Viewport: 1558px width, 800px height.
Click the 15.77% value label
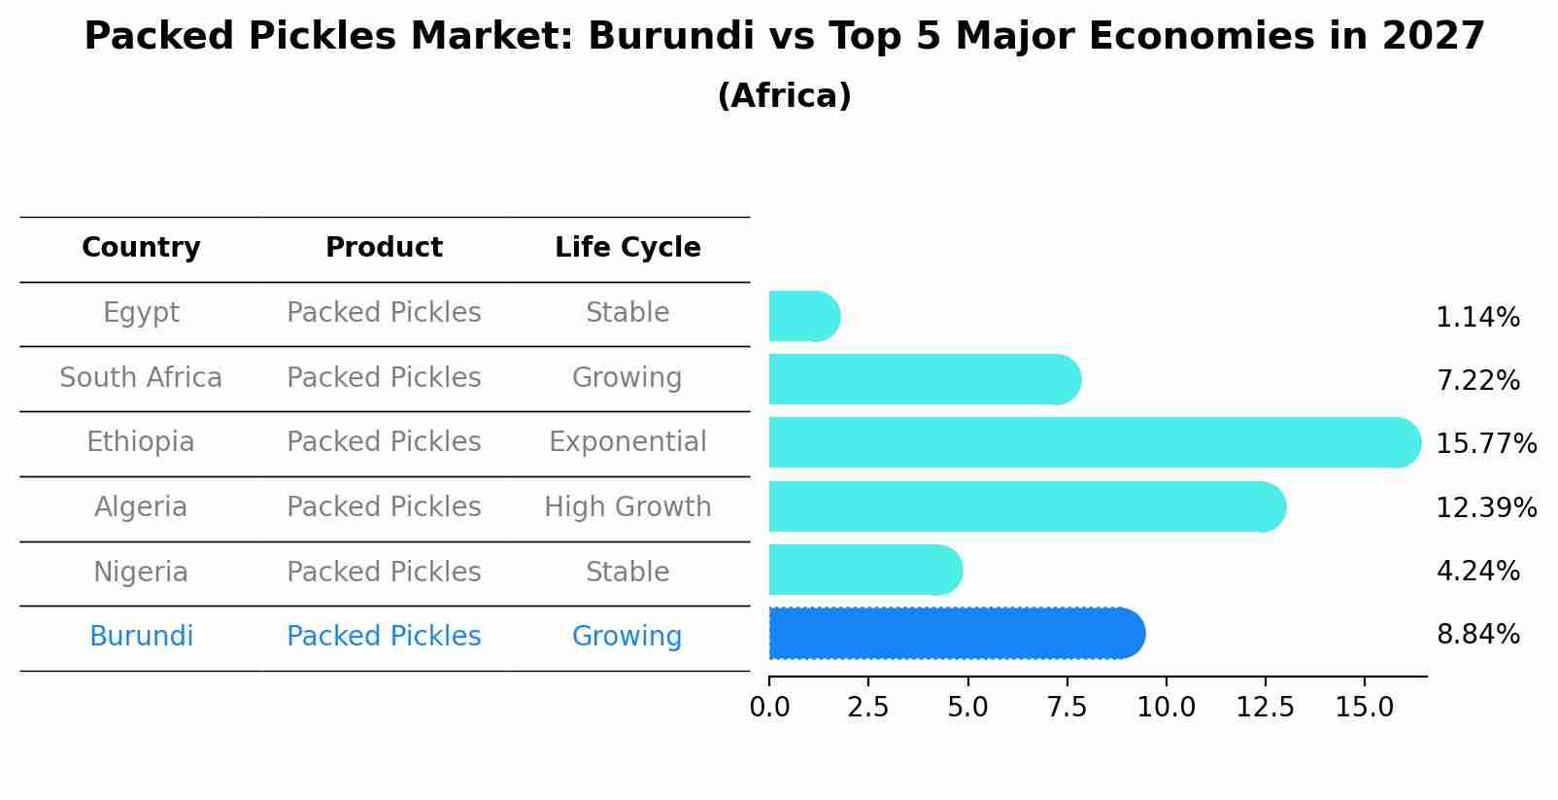1486,444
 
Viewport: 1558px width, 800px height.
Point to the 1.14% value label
1477,318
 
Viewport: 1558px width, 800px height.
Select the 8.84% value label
1477,635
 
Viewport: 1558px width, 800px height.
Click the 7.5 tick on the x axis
1067,708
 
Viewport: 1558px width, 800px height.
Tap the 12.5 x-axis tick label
1265,708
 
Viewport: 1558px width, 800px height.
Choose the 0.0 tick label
769,708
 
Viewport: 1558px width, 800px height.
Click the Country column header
141,248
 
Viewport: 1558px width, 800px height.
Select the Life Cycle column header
627,248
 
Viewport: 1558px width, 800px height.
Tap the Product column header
384,248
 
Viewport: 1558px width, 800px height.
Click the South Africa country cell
141,377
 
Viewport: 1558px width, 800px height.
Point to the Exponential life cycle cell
627,442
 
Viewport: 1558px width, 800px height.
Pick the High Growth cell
627,506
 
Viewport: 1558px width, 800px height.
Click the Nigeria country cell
141,572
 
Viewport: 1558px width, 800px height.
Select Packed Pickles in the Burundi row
384,636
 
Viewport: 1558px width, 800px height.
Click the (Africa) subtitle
784,95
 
